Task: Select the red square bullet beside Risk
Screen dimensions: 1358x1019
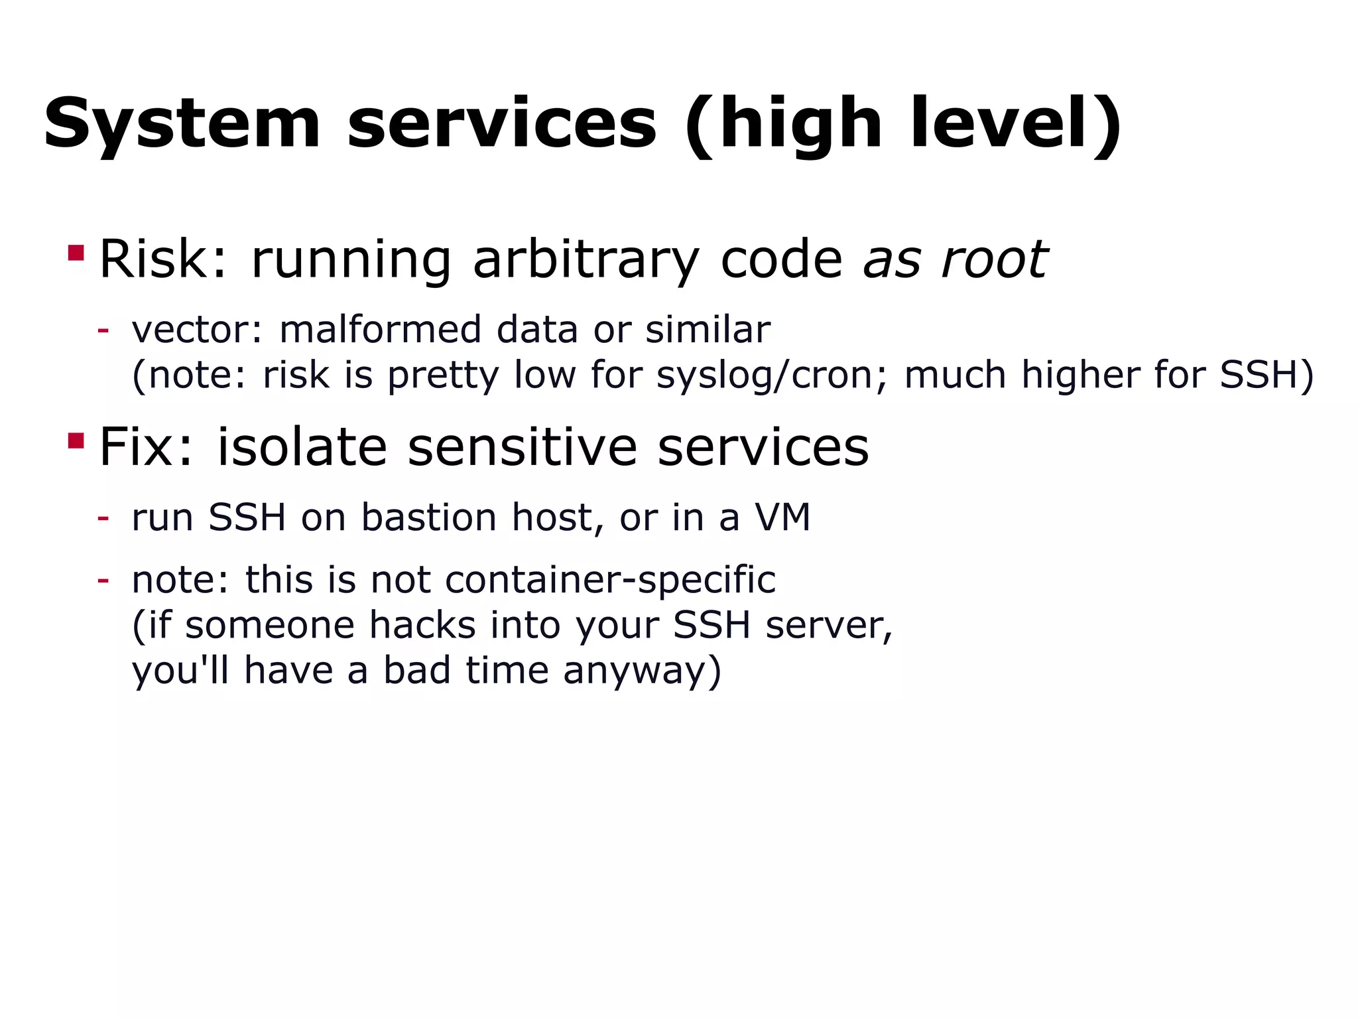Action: coord(76,253)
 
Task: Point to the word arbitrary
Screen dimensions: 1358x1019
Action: coord(586,260)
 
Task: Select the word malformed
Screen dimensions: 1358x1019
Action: coord(380,330)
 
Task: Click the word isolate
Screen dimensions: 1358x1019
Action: coord(302,447)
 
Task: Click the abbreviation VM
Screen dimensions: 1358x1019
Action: coord(782,517)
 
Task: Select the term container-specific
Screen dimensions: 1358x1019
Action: coord(610,580)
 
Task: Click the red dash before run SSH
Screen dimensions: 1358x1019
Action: coord(103,517)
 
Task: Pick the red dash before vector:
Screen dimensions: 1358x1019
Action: coord(103,329)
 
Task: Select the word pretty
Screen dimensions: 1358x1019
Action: coord(442,375)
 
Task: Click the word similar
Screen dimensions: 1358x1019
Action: coord(708,330)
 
